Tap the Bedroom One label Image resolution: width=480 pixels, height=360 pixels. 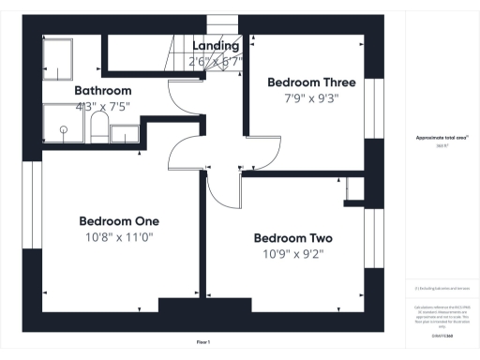118,220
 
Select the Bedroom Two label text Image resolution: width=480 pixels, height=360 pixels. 292,237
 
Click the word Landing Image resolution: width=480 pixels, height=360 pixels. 216,45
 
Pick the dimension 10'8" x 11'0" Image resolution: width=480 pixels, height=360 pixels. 118,237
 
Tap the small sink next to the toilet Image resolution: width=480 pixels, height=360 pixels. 124,134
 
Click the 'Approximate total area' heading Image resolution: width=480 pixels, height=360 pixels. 442,138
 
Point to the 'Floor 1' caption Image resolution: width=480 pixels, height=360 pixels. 202,341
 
